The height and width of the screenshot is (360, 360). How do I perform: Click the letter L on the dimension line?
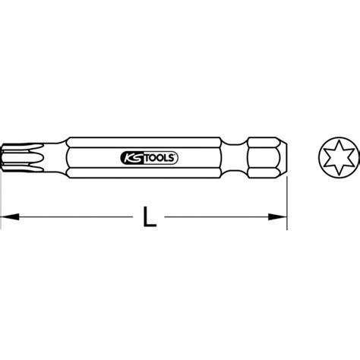click(x=150, y=219)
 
